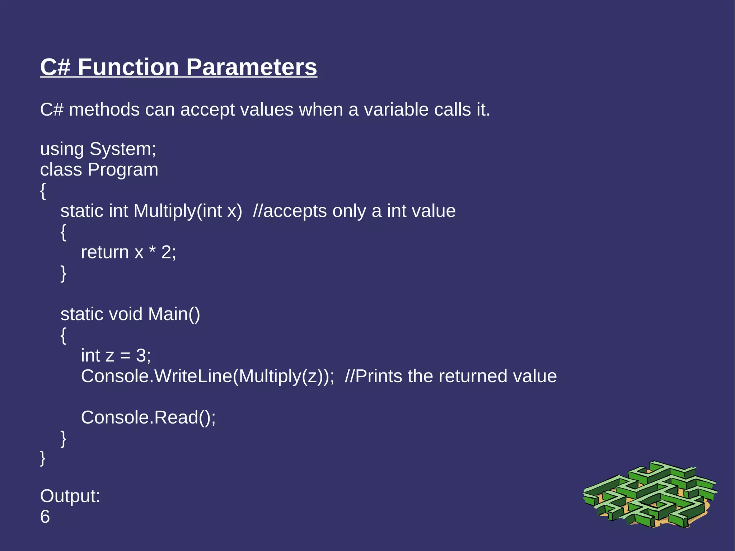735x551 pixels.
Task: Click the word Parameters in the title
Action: pyautogui.click(x=251, y=67)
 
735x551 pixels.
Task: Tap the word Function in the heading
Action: pyautogui.click(x=128, y=67)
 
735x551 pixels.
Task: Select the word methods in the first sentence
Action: pyautogui.click(x=104, y=109)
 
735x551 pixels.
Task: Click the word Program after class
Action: pyautogui.click(x=123, y=170)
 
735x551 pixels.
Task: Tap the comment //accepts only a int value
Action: pyautogui.click(x=354, y=211)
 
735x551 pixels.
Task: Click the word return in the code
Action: pyautogui.click(x=104, y=252)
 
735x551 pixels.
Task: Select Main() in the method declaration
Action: pyautogui.click(x=174, y=314)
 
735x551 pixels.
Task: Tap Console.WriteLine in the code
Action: pyautogui.click(x=156, y=376)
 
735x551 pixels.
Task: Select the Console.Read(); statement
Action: pyautogui.click(x=148, y=417)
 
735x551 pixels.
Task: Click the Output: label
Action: pyautogui.click(x=70, y=496)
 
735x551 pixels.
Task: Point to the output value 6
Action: pyautogui.click(x=45, y=517)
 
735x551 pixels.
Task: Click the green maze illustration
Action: pyautogui.click(x=650, y=495)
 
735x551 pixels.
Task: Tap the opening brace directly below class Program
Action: pyautogui.click(x=43, y=191)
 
